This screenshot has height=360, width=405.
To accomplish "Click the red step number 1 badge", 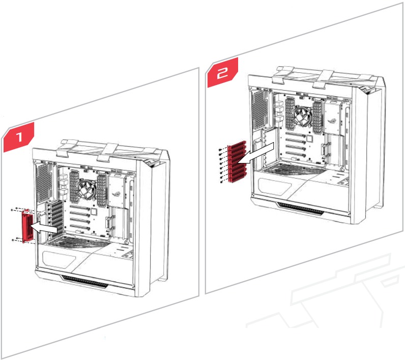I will [x=19, y=136].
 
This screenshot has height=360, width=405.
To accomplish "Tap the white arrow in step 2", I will [x=258, y=153].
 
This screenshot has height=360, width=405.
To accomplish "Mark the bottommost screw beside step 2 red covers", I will [x=219, y=179].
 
